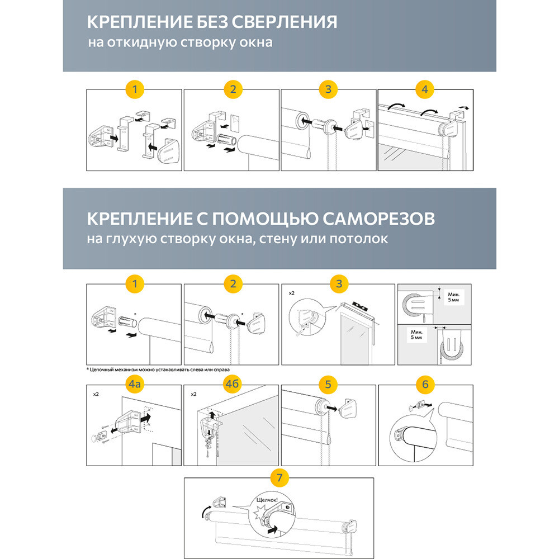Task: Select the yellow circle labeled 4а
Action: [x=134, y=385]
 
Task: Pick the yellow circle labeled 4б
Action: [x=231, y=385]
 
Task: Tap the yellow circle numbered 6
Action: [x=425, y=385]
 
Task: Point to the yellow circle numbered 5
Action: [x=328, y=385]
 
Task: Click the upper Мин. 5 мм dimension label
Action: [x=453, y=297]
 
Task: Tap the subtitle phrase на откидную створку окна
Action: [x=180, y=42]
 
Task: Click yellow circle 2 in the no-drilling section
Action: [x=232, y=89]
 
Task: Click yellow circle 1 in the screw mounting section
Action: [x=134, y=283]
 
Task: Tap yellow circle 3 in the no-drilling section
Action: [x=328, y=89]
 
